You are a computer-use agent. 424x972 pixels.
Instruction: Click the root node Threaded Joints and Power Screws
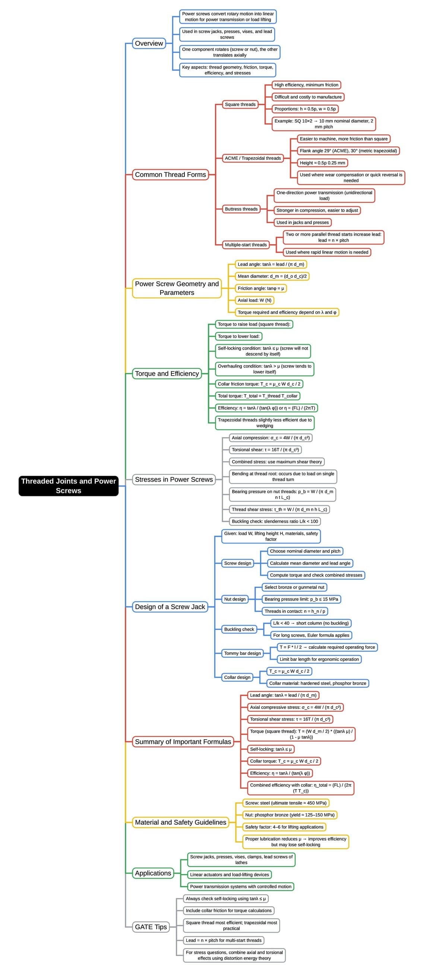[x=68, y=485]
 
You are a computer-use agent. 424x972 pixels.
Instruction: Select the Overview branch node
[x=149, y=44]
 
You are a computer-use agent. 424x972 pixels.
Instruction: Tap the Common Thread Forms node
[x=170, y=175]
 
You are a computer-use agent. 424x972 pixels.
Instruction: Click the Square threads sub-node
[x=240, y=105]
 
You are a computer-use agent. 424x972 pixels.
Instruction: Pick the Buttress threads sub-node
[x=241, y=209]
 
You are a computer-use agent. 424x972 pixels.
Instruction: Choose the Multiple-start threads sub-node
[x=246, y=245]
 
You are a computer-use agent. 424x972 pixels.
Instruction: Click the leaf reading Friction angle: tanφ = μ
[x=260, y=288]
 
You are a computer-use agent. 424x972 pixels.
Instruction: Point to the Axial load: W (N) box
[x=254, y=300]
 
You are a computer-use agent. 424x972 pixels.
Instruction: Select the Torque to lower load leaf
[x=238, y=336]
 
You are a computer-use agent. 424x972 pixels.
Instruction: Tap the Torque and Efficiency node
[x=167, y=373]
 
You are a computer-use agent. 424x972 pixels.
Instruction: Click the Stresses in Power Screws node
[x=174, y=479]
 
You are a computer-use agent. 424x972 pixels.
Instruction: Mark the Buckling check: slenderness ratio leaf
[x=275, y=522]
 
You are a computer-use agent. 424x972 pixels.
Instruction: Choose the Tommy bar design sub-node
[x=243, y=653]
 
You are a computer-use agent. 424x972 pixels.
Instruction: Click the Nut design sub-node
[x=235, y=599]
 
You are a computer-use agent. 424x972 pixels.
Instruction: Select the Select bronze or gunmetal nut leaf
[x=294, y=587]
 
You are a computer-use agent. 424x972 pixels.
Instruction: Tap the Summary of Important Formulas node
[x=183, y=742]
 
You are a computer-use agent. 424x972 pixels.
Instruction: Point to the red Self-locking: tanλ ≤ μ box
[x=271, y=749]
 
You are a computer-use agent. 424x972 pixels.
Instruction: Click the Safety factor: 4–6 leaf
[x=284, y=827]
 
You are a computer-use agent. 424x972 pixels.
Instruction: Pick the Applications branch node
[x=153, y=873]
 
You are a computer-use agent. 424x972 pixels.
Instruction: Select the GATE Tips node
[x=151, y=927]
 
